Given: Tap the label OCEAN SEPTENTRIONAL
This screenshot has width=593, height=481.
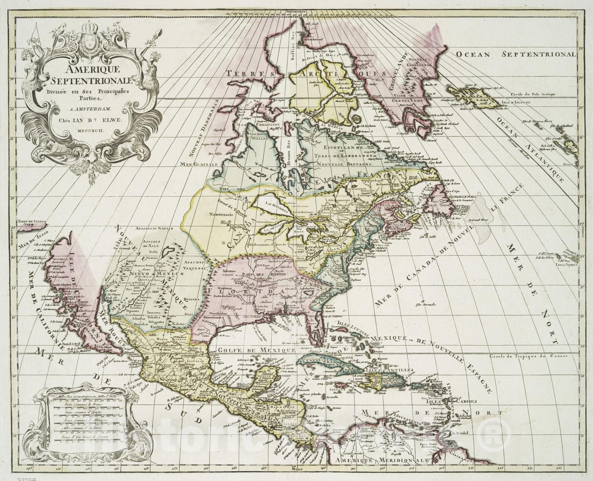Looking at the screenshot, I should coord(516,54).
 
